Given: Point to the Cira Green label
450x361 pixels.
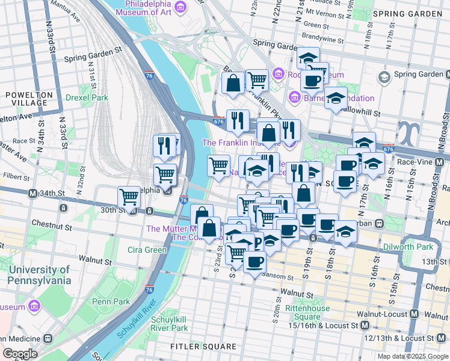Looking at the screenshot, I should [147, 250].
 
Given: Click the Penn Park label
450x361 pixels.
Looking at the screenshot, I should [111, 301].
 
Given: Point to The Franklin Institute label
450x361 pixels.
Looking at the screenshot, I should [241, 143].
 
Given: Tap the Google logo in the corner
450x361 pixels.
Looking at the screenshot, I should [19, 354].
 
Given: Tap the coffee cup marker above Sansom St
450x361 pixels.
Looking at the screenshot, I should [254, 262].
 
